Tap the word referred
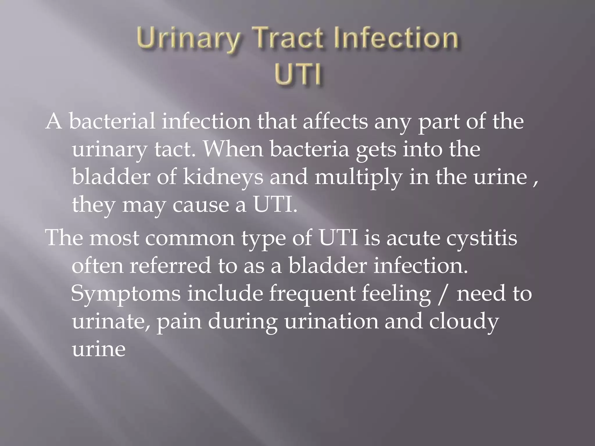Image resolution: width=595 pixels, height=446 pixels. click(x=170, y=265)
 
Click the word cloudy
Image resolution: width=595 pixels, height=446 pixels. click(x=464, y=321)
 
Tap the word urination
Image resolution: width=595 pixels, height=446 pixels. click(x=331, y=321)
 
